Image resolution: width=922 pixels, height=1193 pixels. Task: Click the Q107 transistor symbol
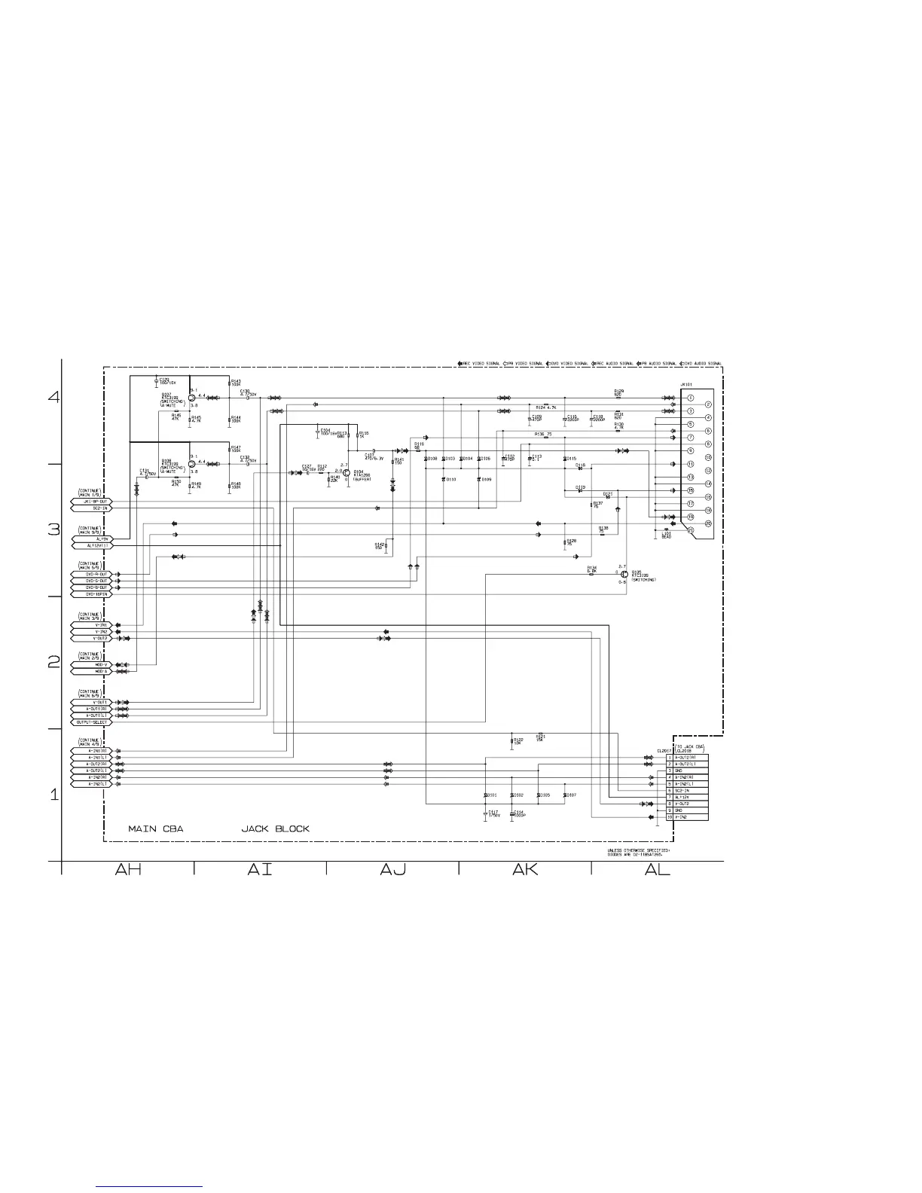click(x=192, y=398)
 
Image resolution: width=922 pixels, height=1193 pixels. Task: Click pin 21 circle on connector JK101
click(x=690, y=530)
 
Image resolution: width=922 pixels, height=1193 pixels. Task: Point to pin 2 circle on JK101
click(x=690, y=404)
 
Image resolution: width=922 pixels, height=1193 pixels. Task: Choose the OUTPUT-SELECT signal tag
click(x=91, y=722)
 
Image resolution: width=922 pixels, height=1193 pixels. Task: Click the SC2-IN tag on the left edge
click(x=91, y=508)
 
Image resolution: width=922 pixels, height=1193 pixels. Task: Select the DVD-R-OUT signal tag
click(x=91, y=575)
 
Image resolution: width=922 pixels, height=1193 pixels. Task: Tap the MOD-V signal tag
click(x=91, y=665)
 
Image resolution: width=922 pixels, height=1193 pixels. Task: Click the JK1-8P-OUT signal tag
click(x=91, y=502)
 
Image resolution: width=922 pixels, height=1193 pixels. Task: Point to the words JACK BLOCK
click(x=275, y=828)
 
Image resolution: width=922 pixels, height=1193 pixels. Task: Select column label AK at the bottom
click(x=525, y=869)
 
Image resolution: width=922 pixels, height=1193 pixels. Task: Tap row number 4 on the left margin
click(x=54, y=397)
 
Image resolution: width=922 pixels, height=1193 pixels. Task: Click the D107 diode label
click(x=571, y=795)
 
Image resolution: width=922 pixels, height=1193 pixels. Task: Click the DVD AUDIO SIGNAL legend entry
click(x=702, y=364)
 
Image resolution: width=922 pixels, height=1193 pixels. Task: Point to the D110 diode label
click(x=450, y=479)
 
